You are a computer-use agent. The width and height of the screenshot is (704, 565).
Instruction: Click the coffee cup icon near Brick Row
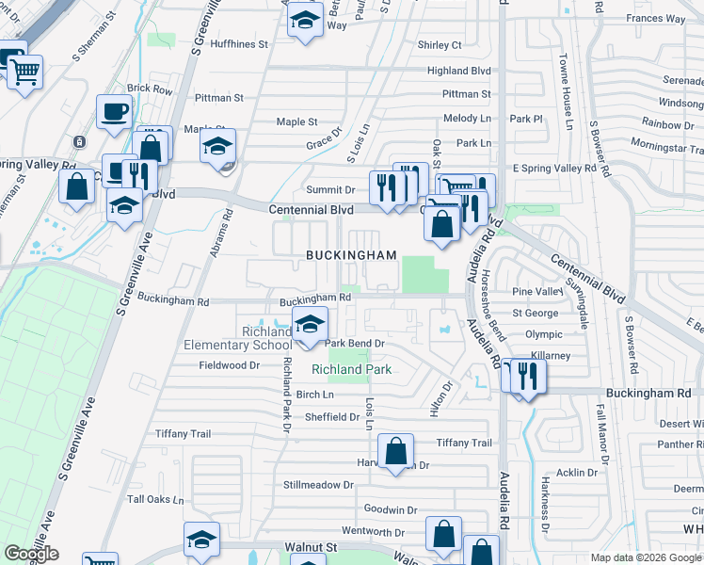pyautogui.click(x=114, y=112)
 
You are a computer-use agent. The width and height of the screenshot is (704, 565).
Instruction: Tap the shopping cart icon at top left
pyautogui.click(x=25, y=72)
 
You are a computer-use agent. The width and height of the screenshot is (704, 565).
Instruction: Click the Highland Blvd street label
pyautogui.click(x=459, y=71)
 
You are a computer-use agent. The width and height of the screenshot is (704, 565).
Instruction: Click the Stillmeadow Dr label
pyautogui.click(x=318, y=485)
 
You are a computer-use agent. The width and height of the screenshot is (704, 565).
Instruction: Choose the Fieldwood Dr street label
pyautogui.click(x=222, y=364)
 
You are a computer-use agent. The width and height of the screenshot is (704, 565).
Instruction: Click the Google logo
pyautogui.click(x=31, y=554)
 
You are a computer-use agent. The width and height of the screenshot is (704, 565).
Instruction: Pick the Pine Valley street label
pyautogui.click(x=536, y=293)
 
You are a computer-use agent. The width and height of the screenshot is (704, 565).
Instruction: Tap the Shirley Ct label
pyautogui.click(x=440, y=44)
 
